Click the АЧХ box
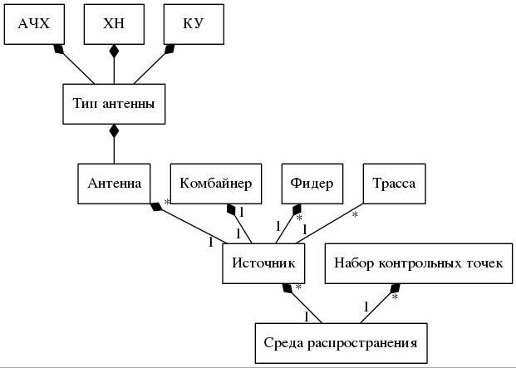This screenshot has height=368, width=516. pos(34,24)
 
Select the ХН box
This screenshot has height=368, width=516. pos(114,24)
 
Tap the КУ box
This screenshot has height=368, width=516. pos(193,24)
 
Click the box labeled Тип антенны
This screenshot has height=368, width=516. pos(114,104)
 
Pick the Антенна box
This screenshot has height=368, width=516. pos(114,184)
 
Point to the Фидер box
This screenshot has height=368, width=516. pos(312,184)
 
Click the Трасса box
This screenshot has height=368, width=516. pos(394,184)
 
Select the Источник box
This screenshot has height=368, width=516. pos(263,263)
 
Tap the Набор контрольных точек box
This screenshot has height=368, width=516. pos(418,263)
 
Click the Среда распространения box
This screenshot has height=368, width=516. pos(341,342)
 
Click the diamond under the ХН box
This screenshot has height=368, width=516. pos(114,52)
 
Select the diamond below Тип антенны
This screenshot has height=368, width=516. pos(114,130)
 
